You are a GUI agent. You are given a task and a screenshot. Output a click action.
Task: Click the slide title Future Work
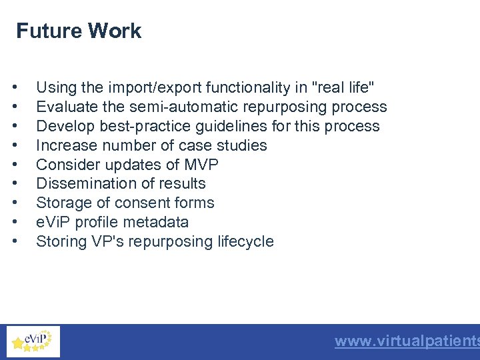(x=79, y=31)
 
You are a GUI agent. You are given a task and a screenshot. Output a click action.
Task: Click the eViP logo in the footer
(x=33, y=341)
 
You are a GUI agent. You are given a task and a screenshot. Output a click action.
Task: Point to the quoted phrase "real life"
(x=343, y=87)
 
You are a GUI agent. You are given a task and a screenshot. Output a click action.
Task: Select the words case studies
(x=227, y=145)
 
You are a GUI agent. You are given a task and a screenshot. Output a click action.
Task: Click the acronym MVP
(x=203, y=165)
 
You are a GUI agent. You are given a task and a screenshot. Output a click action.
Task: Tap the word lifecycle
(x=245, y=241)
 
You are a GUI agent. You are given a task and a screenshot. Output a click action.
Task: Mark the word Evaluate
(x=62, y=107)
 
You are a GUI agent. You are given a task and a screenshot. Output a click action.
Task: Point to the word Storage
(x=61, y=203)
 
